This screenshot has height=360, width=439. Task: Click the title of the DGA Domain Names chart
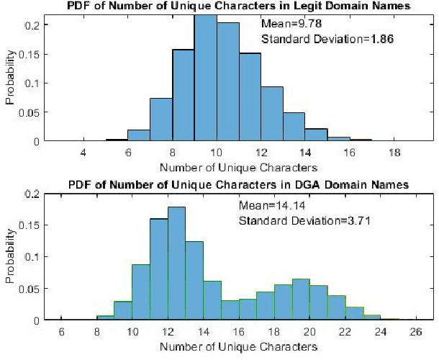click(x=239, y=185)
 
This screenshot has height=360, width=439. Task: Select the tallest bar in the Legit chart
click(x=205, y=79)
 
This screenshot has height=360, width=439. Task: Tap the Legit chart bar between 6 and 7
click(x=138, y=135)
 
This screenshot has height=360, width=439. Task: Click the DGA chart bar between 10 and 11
click(x=141, y=292)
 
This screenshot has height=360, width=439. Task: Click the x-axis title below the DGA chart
click(x=239, y=347)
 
